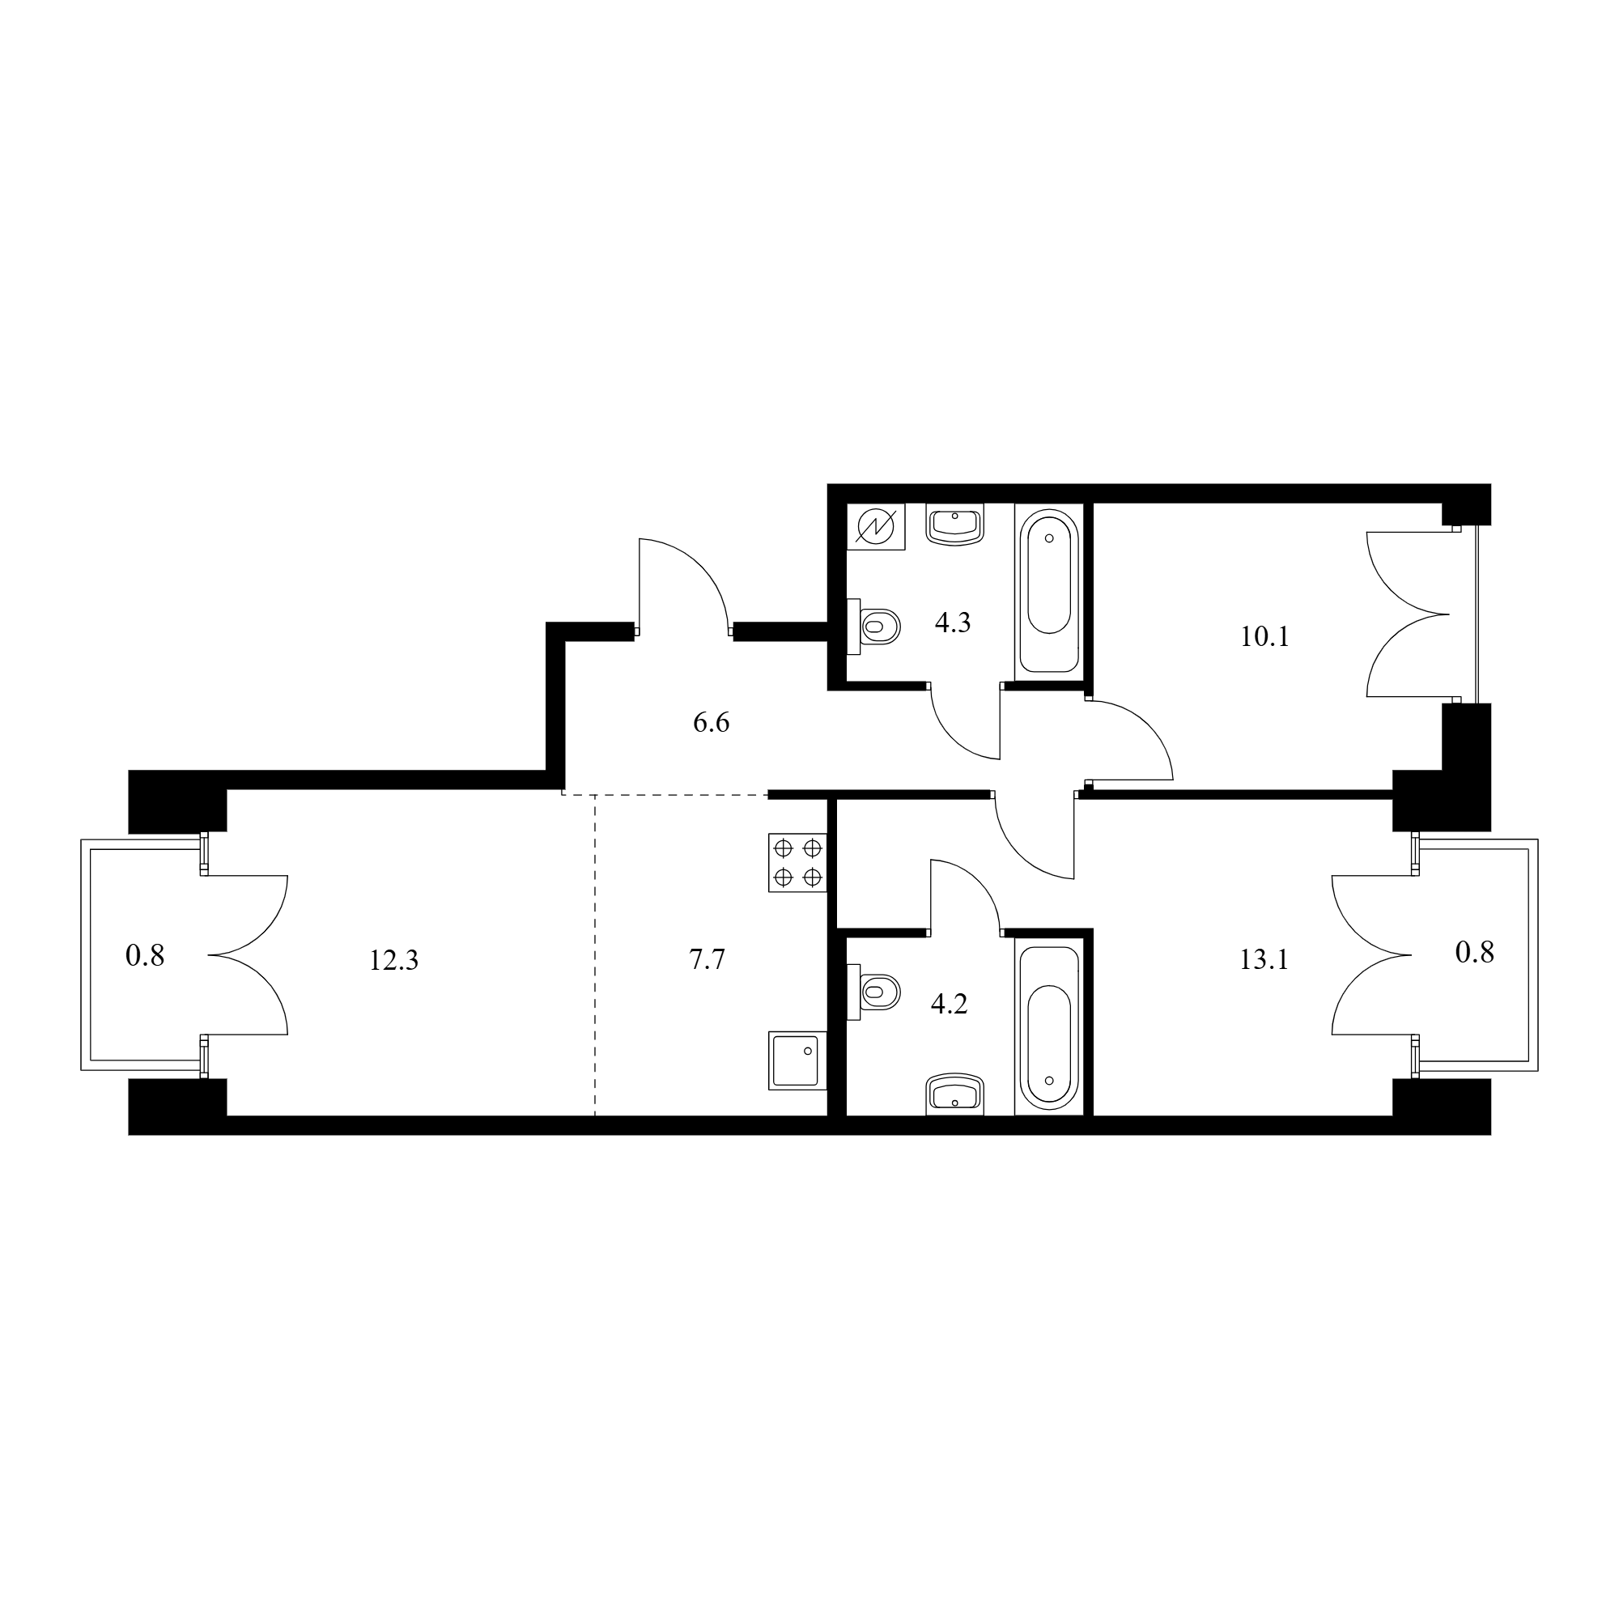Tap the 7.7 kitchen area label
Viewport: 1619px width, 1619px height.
tap(708, 959)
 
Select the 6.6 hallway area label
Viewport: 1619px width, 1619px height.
tap(712, 722)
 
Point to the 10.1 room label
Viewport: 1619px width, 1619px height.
tap(1264, 637)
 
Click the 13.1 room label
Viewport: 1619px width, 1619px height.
tap(1264, 959)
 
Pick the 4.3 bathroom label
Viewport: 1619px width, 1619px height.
tap(953, 623)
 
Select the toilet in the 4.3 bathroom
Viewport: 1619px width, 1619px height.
tap(874, 626)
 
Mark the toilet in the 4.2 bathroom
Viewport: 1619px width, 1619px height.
tap(874, 992)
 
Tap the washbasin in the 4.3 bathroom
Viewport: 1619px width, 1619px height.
tap(954, 525)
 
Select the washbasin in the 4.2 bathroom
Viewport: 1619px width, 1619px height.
tap(954, 1095)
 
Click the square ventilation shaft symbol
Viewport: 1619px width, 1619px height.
tap(876, 527)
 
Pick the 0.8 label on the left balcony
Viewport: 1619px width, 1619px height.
tap(145, 955)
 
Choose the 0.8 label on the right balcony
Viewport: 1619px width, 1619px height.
tap(1475, 953)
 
